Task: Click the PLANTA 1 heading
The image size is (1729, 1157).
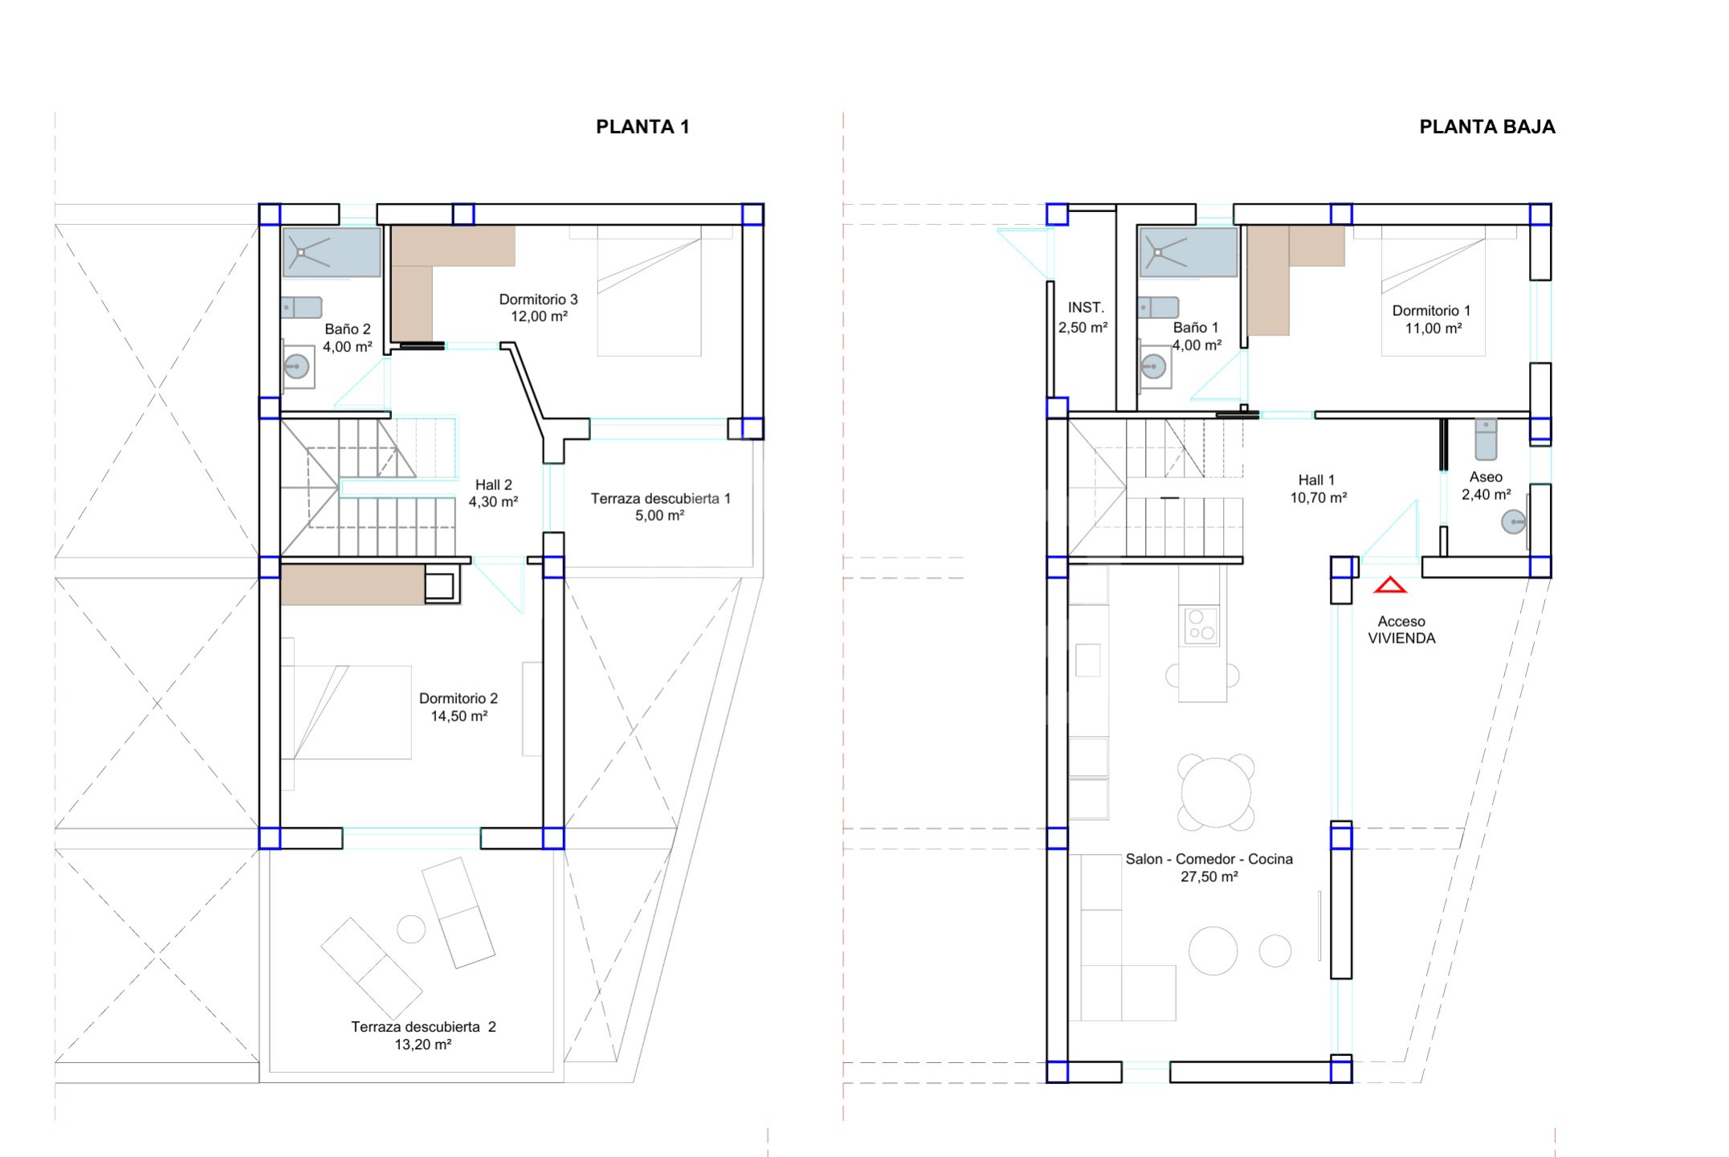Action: (642, 127)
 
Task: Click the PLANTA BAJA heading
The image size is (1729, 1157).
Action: (1487, 127)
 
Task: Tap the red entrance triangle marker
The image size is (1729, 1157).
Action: (1390, 585)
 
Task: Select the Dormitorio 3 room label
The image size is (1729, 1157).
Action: (538, 300)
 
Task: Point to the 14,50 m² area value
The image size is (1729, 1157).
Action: (459, 716)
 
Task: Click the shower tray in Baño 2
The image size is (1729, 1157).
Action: (332, 252)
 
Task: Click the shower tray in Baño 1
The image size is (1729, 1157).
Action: (1189, 252)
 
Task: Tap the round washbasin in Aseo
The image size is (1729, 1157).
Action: (1513, 522)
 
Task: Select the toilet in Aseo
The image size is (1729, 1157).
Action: (1486, 439)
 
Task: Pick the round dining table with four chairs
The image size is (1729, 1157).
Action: (1216, 793)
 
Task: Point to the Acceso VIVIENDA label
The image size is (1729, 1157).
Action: (1401, 630)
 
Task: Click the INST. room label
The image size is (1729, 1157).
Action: (1086, 308)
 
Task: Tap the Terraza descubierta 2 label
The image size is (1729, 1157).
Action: (423, 1027)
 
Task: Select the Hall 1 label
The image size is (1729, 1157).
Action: (1316, 480)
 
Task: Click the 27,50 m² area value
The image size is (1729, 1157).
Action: (1209, 877)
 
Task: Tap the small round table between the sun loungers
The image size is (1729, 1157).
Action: (411, 929)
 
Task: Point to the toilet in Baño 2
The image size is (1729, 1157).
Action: (301, 308)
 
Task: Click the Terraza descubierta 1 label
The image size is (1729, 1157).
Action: (660, 499)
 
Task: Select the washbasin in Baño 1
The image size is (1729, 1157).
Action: (1153, 367)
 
